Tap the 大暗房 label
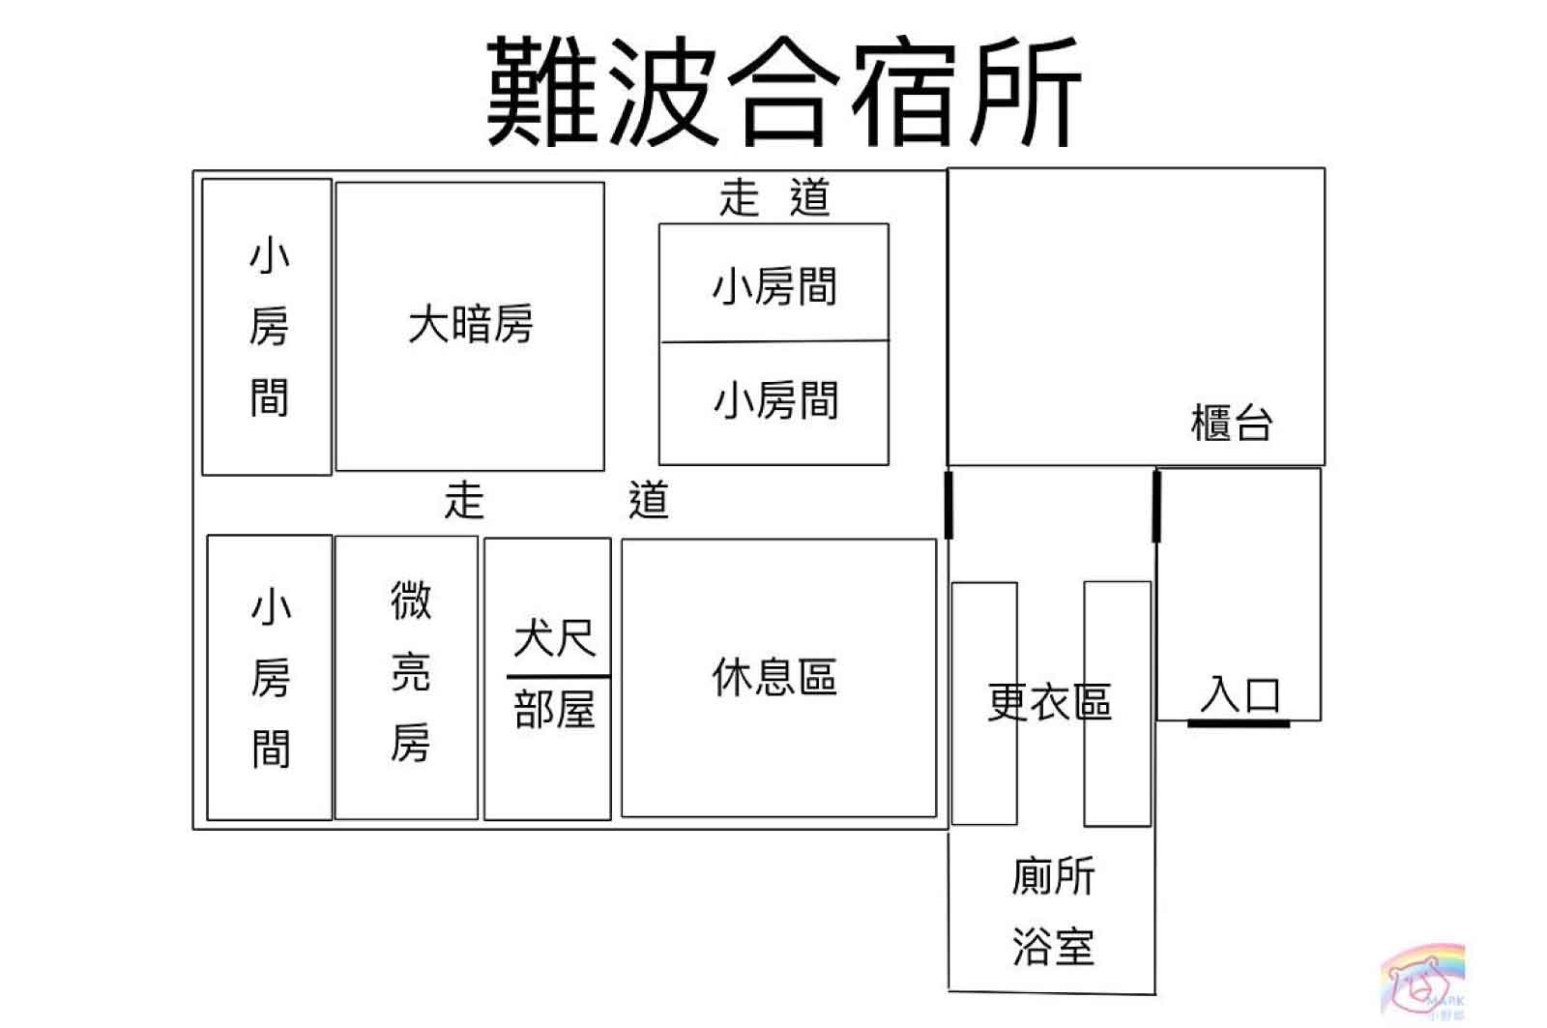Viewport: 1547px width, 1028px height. pyautogui.click(x=470, y=324)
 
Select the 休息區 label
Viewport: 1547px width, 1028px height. pyautogui.click(x=774, y=677)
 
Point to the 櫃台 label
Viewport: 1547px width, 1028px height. pyautogui.click(x=1231, y=424)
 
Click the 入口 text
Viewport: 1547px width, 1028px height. pyautogui.click(x=1241, y=694)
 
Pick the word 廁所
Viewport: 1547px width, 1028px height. pyautogui.click(x=1053, y=876)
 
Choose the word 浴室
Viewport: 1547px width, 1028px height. pyautogui.click(x=1053, y=947)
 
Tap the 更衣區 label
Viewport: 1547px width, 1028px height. pyautogui.click(x=1049, y=702)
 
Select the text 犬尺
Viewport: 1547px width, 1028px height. pyautogui.click(x=554, y=638)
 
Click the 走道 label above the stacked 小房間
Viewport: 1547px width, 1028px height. pyautogui.click(x=773, y=198)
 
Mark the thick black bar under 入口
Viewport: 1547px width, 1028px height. pyautogui.click(x=1239, y=722)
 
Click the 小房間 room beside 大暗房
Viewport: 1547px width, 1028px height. pyautogui.click(x=268, y=326)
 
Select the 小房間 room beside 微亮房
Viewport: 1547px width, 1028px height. pyautogui.click(x=270, y=677)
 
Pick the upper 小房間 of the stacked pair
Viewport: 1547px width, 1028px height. pyautogui.click(x=774, y=286)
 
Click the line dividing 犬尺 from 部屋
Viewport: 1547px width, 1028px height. pyautogui.click(x=558, y=676)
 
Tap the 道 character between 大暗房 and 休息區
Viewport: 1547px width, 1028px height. pyautogui.click(x=648, y=501)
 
